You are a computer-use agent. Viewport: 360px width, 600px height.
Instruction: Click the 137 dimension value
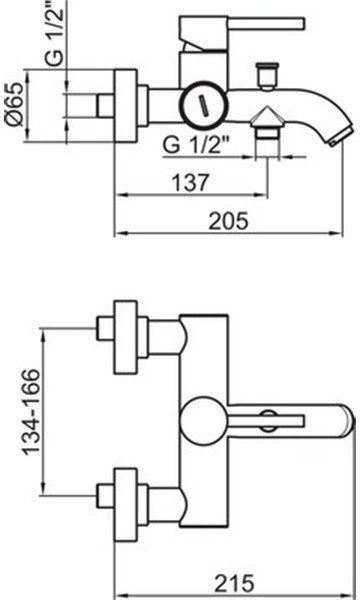click(191, 183)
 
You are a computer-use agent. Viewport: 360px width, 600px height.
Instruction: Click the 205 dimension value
click(228, 220)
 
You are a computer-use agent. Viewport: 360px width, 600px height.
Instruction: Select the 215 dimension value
click(234, 583)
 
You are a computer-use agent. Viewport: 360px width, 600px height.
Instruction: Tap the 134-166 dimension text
click(30, 411)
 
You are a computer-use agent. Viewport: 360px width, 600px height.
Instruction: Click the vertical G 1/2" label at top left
click(55, 32)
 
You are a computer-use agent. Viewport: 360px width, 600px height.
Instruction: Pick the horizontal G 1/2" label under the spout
click(195, 145)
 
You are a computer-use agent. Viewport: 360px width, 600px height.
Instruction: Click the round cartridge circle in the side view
click(203, 104)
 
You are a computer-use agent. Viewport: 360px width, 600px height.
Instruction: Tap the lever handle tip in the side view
click(301, 23)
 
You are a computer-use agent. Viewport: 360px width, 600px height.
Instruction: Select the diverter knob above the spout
click(267, 77)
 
